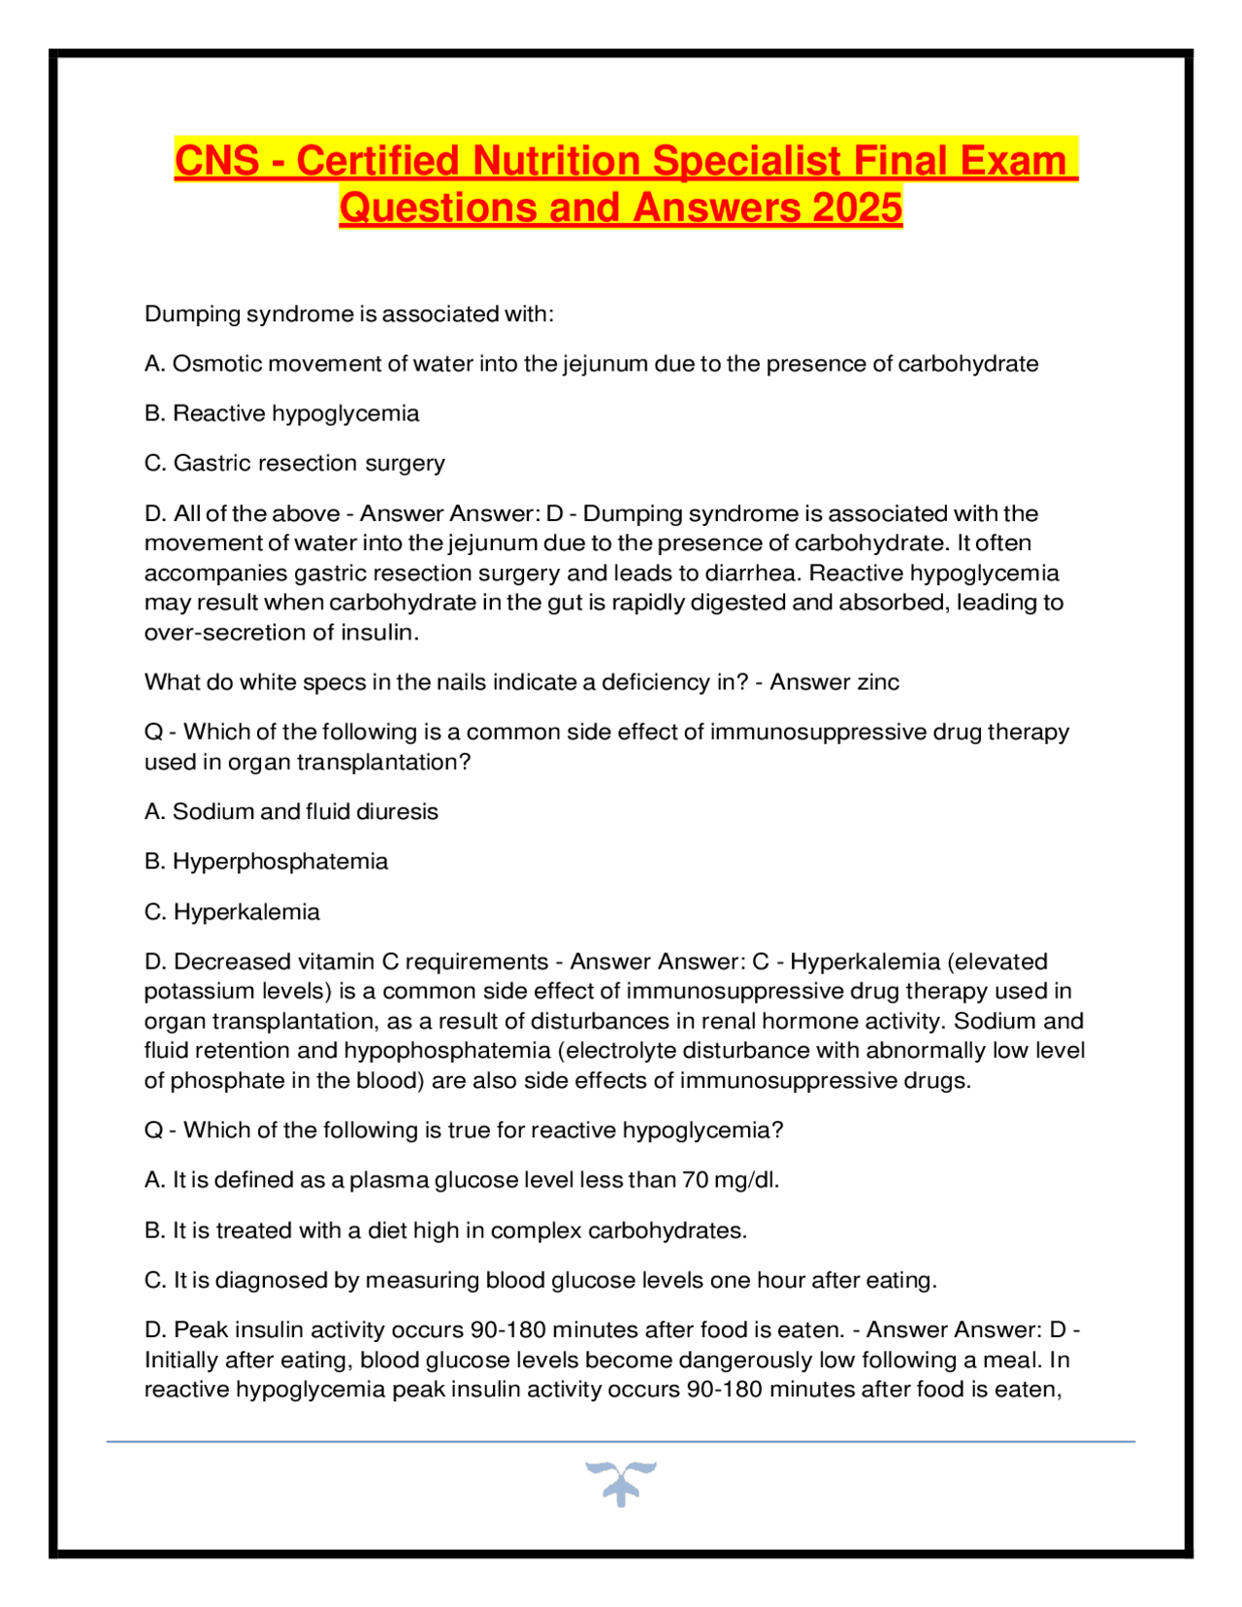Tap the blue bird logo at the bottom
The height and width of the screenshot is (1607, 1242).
621,1483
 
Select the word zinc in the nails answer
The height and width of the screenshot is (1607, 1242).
876,682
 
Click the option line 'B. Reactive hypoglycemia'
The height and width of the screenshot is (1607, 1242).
281,413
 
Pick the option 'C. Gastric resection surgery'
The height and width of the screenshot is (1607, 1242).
294,463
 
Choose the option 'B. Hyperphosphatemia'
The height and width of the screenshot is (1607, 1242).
266,862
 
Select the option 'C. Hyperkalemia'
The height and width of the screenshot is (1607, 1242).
232,912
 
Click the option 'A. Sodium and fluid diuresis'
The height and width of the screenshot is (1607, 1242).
291,811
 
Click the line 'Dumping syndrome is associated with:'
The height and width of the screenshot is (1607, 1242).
348,314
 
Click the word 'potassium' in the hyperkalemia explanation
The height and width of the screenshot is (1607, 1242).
200,992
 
